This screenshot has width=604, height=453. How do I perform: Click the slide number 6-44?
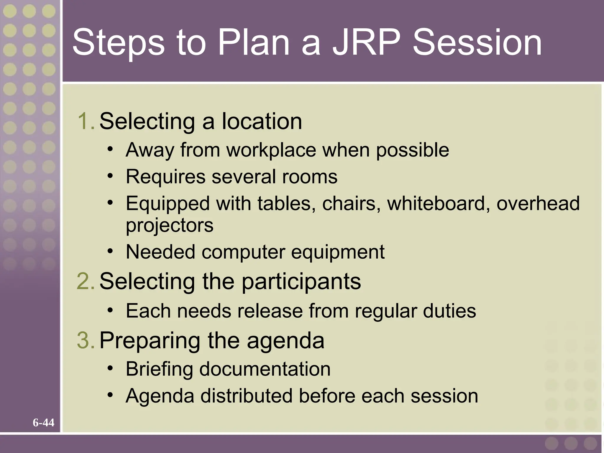(43, 423)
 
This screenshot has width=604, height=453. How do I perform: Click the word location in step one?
(262, 121)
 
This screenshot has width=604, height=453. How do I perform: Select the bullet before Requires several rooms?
(110, 176)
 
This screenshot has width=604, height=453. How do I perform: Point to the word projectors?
(170, 226)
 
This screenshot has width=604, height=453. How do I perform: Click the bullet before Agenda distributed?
(110, 395)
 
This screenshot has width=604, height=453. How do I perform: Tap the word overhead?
(538, 203)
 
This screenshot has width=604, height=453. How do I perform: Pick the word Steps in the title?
(118, 43)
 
